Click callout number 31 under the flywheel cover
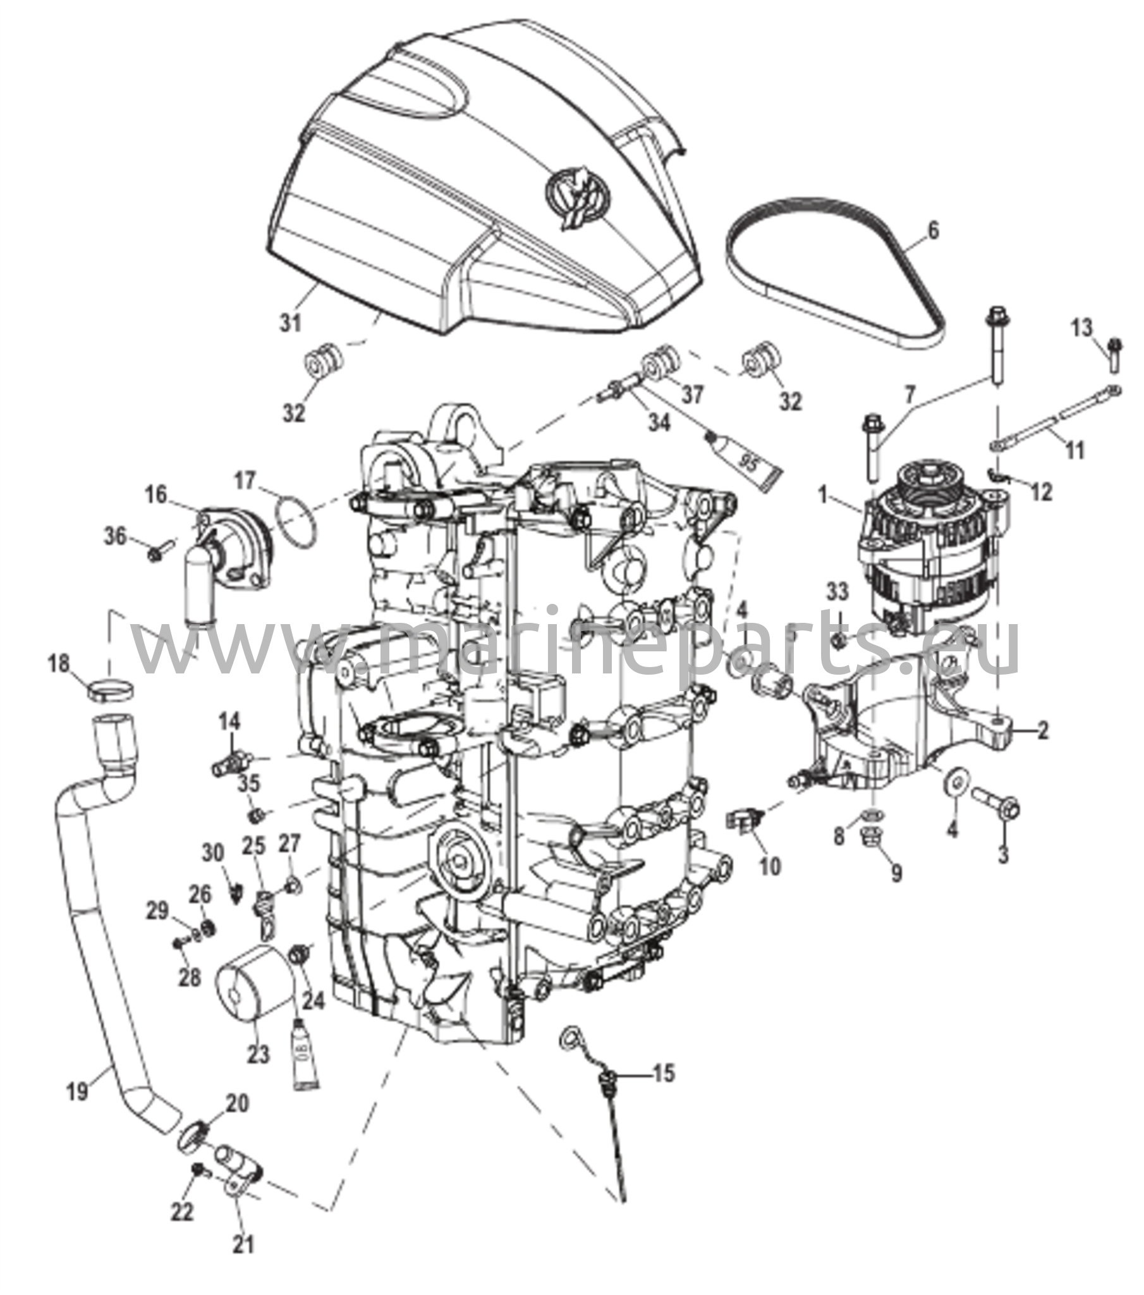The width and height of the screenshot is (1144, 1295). click(x=291, y=323)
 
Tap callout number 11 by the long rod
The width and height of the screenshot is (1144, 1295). click(x=1075, y=450)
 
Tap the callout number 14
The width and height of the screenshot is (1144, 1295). click(x=231, y=721)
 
